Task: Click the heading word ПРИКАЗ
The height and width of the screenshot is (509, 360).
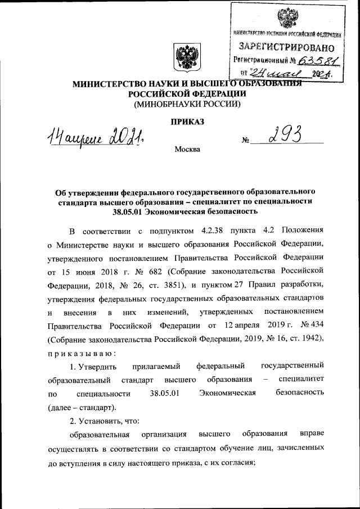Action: pyautogui.click(x=186, y=121)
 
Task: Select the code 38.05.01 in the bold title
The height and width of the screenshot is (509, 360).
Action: pyautogui.click(x=128, y=211)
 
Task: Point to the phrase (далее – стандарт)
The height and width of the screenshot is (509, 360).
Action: pyautogui.click(x=82, y=406)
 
